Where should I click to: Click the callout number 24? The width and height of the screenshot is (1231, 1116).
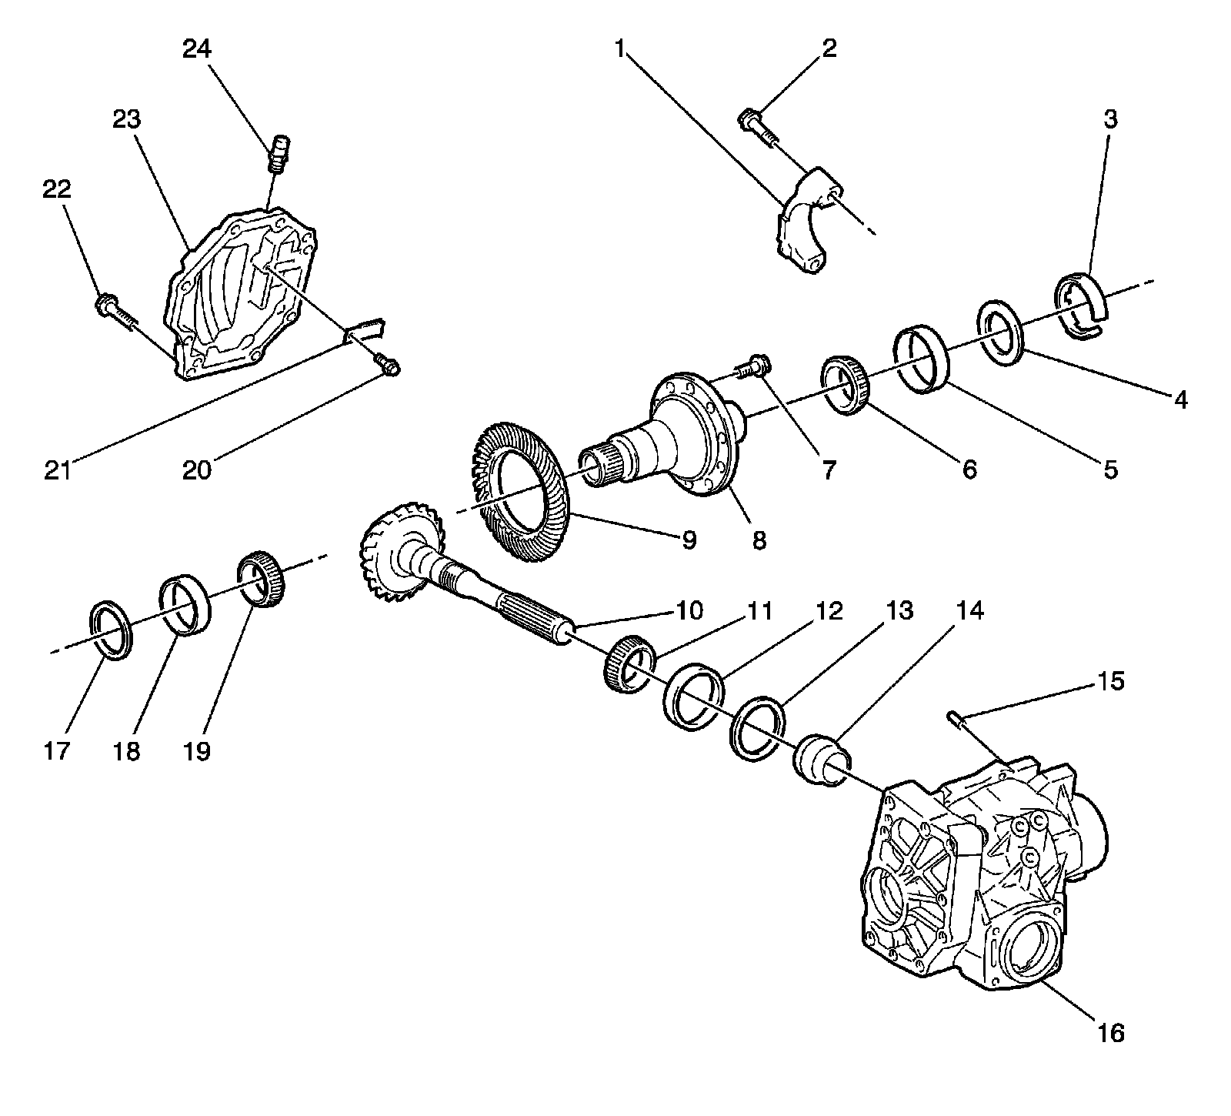197,50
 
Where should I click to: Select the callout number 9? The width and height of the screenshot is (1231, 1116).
689,540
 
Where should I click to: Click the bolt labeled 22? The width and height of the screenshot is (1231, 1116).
116,313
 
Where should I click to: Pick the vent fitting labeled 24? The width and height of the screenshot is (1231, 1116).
279,153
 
